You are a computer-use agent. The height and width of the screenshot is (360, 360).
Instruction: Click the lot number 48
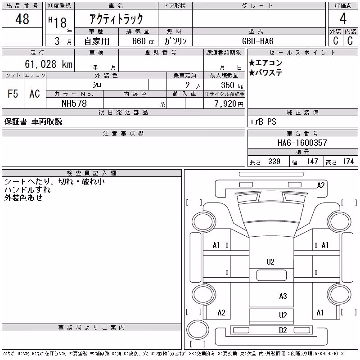coord(22,19)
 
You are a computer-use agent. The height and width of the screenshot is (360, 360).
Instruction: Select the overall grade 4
coord(343,18)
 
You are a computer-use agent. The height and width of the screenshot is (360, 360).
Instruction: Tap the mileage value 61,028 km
coord(49,64)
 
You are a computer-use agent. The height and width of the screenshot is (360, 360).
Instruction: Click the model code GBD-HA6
coord(257,41)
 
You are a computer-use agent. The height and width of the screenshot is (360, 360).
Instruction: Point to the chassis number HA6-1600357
coord(302,143)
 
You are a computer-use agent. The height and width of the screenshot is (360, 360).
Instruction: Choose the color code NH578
coord(74,103)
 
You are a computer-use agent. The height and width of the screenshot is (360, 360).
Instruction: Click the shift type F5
coord(13,94)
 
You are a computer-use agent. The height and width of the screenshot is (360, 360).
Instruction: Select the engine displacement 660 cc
coord(143,41)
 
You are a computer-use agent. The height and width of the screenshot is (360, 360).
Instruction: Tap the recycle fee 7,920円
coord(229,104)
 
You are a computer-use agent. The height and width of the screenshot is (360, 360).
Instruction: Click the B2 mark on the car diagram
coord(283,330)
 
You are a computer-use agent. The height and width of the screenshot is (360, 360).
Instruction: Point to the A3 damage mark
coord(283,296)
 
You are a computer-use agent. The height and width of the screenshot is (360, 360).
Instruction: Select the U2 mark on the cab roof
coord(270,262)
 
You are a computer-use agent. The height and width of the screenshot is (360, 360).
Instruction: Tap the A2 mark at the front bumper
coord(321,185)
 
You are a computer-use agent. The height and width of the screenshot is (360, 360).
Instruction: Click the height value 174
coord(348,162)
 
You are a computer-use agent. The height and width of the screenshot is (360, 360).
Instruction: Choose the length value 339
coord(274,162)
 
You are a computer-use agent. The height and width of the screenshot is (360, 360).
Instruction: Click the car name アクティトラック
coord(116,19)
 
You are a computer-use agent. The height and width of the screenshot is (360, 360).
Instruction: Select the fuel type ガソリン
coord(175,41)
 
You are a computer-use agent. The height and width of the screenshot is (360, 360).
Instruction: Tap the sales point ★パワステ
coord(265,73)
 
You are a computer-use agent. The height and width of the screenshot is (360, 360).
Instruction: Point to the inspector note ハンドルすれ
coord(27,189)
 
